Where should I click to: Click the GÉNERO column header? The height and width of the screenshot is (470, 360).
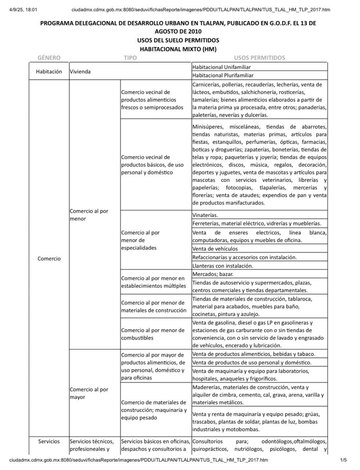[x=49, y=58]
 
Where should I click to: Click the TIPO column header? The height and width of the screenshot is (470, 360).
[x=130, y=58]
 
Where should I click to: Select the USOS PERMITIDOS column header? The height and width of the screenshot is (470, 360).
[x=259, y=58]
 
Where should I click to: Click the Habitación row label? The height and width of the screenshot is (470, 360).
[x=49, y=72]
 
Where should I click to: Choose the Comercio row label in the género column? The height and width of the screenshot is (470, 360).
[x=49, y=258]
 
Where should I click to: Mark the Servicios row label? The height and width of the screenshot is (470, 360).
[x=49, y=441]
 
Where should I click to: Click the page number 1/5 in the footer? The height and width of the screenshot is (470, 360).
[x=343, y=460]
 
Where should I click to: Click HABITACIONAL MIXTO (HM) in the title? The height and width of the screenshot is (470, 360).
[x=178, y=49]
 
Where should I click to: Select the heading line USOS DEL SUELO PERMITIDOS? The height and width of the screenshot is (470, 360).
[x=178, y=40]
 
